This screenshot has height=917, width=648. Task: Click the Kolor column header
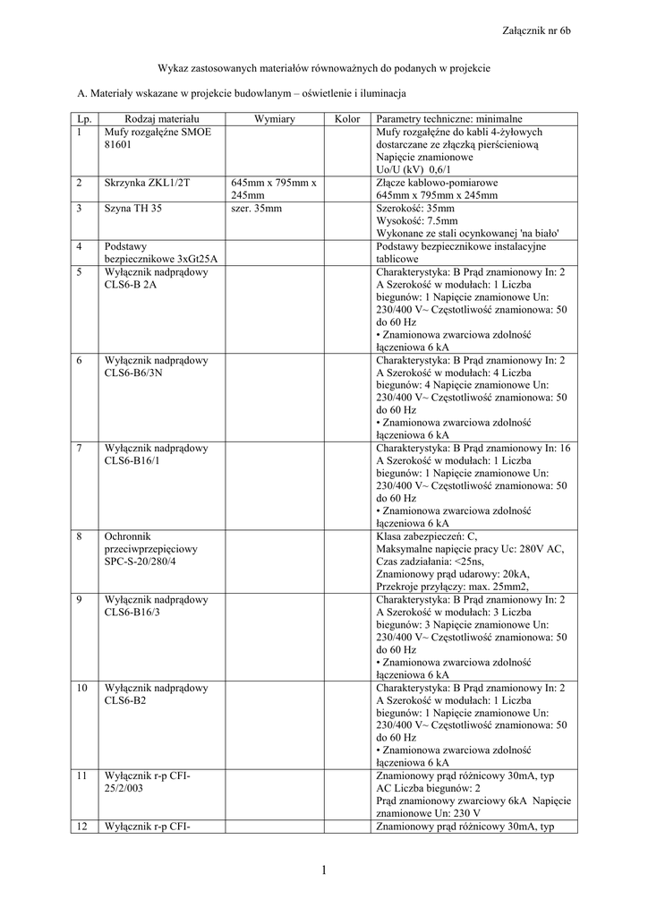coord(346,119)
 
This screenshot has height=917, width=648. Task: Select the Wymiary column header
coord(275,119)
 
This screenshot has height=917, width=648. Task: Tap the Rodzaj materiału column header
coord(162,119)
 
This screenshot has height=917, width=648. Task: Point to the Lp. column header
coord(85,119)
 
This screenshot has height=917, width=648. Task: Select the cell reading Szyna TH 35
coord(133,209)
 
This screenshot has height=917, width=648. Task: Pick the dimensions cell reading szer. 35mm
coord(256,209)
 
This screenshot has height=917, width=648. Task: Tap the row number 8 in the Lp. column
coord(80,536)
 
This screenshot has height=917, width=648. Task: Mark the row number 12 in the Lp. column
coord(82,827)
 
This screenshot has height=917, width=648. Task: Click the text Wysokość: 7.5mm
coord(417,221)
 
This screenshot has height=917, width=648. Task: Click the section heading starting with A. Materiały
coord(243,93)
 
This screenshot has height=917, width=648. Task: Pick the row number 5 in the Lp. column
coord(80,272)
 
